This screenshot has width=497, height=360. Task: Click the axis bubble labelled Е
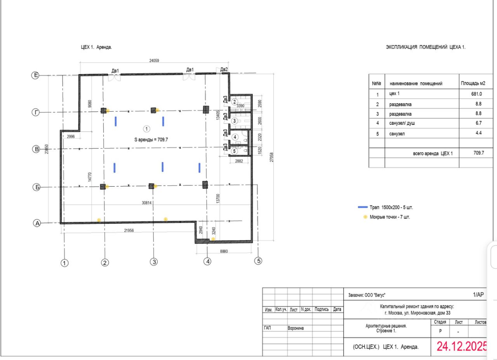[35, 75]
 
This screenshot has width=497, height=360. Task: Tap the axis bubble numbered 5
[258, 261]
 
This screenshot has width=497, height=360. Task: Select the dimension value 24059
[154, 61]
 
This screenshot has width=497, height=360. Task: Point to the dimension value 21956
[129, 230]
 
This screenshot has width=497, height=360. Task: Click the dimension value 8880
[224, 251]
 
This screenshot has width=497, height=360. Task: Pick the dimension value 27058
[271, 157]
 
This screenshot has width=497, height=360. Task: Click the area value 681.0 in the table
[476, 94]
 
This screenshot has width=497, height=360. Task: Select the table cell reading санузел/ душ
[402, 123]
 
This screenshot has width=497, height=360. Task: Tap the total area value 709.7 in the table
[479, 153]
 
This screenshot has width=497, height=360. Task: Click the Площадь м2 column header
[473, 83]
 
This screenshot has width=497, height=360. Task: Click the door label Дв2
[224, 69]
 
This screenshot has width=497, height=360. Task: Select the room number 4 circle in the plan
[235, 137]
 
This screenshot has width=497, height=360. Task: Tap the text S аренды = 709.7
[151, 140]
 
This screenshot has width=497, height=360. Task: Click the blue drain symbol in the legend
[363, 207]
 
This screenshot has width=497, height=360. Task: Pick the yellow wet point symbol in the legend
[365, 217]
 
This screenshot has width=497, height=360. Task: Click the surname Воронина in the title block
[295, 328]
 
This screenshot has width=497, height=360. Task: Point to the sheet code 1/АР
[478, 294]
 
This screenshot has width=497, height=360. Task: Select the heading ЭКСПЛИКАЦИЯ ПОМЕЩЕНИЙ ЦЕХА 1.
[426, 47]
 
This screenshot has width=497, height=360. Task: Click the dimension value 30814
[147, 203]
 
